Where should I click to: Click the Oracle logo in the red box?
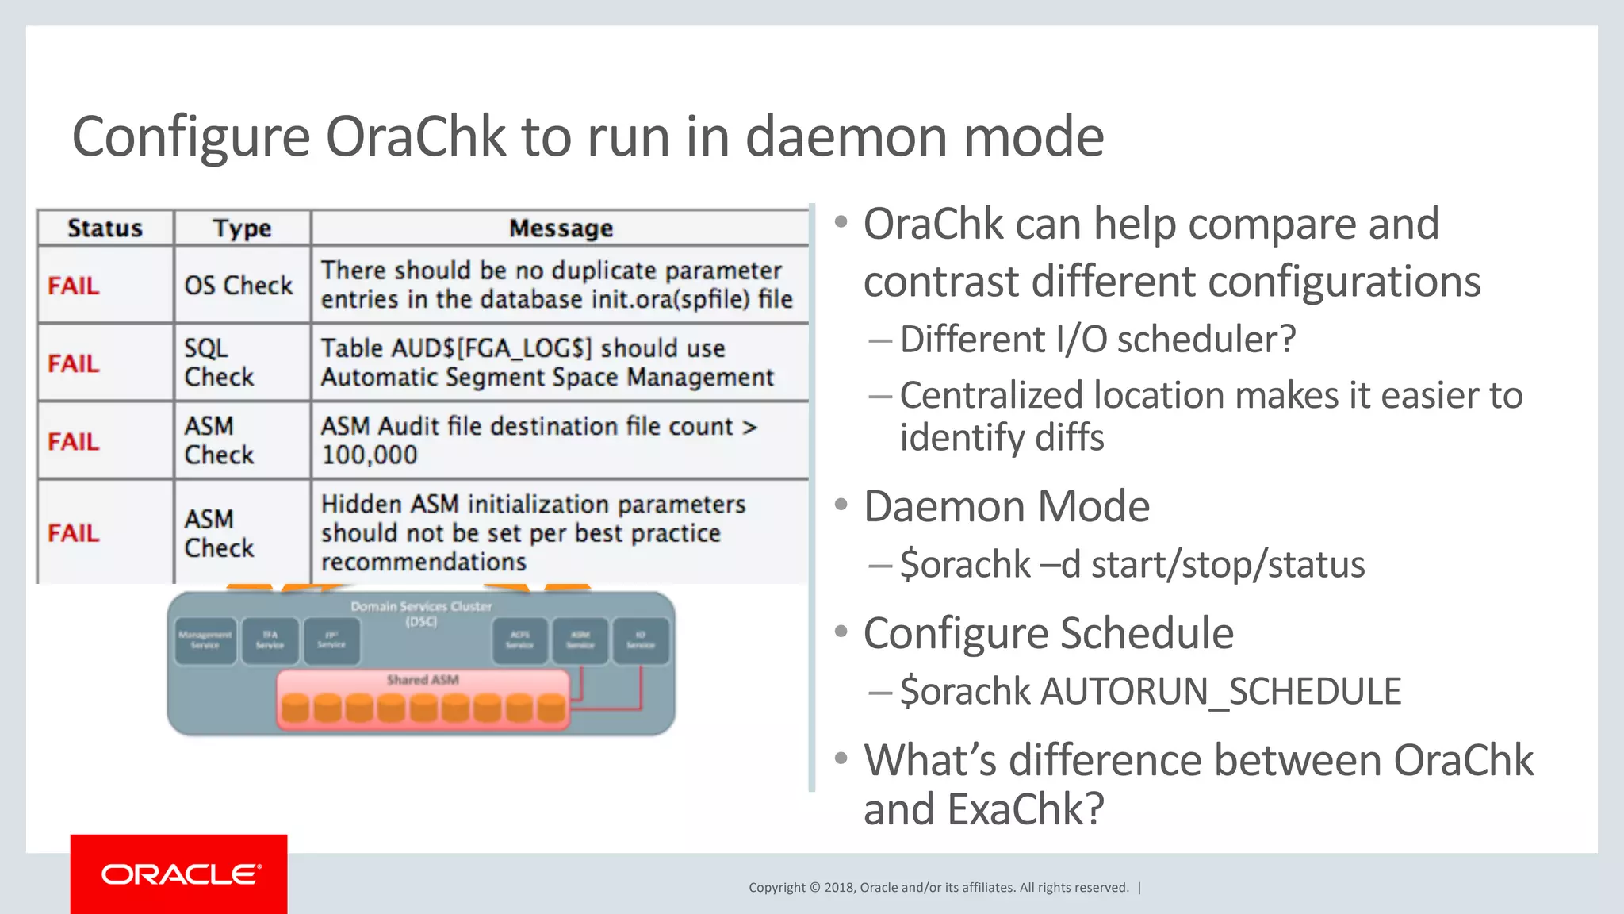181,874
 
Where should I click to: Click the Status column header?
105,228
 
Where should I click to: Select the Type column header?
242,228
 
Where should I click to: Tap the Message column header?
561,228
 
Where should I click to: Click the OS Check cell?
239,286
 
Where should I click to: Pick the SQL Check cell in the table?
219,363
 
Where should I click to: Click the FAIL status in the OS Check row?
74,286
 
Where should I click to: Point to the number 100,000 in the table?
369,455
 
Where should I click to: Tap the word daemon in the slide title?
845,136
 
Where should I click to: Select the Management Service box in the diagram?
205,640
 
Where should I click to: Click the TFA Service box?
270,640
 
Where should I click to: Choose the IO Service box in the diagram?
641,640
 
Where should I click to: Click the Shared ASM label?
423,680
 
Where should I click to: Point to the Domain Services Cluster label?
421,607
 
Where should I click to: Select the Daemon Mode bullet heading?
1006,507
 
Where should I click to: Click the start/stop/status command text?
1228,565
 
